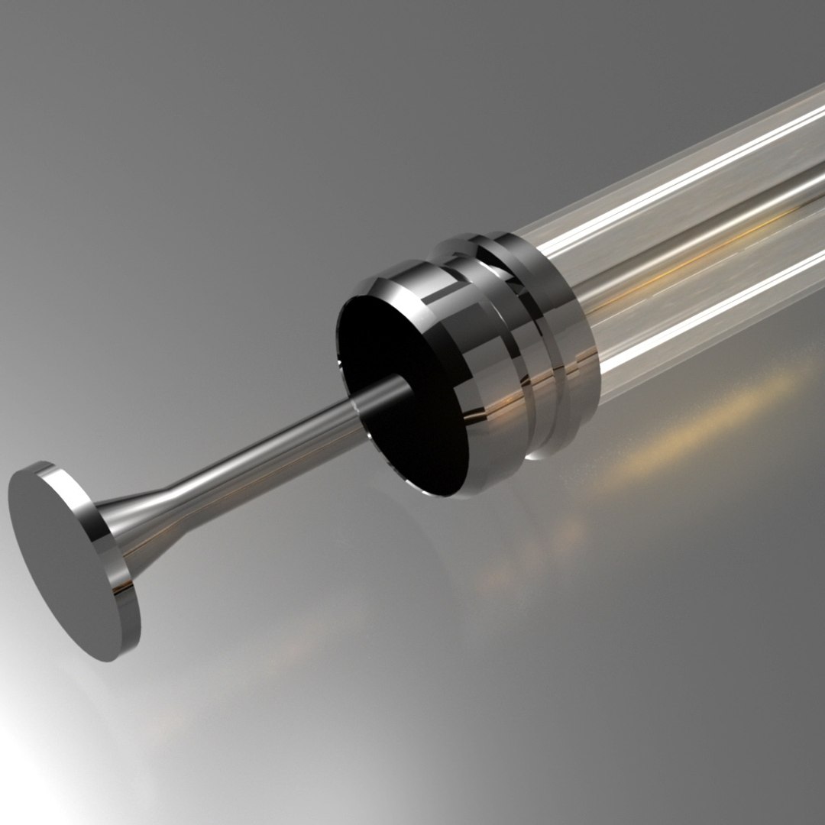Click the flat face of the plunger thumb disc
(65, 558)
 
